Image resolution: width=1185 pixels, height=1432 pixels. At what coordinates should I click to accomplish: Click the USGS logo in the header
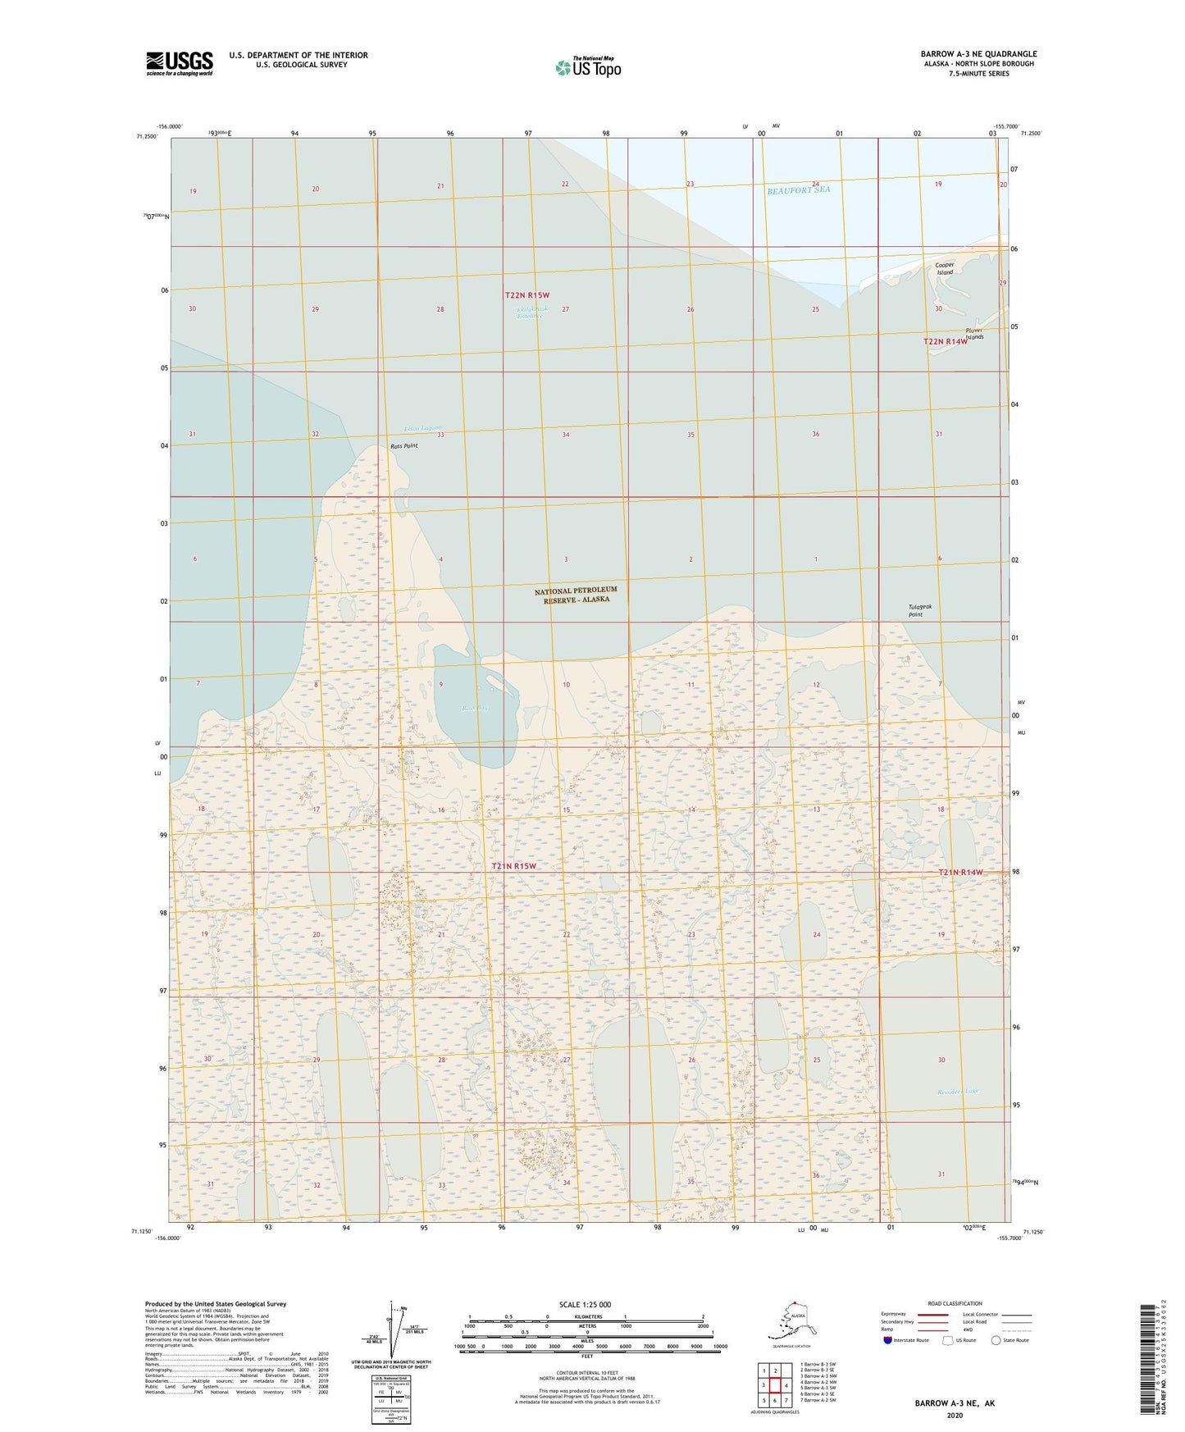pos(179,63)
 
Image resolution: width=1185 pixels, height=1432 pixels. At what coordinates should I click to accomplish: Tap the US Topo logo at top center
pos(587,66)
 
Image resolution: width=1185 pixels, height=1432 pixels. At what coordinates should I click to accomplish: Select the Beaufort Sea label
pos(798,190)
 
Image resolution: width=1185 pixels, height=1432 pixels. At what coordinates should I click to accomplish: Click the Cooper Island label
pos(945,268)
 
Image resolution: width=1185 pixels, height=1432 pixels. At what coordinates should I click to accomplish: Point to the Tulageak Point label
pos(920,610)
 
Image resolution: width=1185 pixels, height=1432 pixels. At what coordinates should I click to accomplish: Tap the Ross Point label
pos(403,446)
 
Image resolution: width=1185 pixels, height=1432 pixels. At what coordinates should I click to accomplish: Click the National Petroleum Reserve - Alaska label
pos(576,595)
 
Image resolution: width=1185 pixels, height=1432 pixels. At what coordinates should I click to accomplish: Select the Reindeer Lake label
pos(958,1092)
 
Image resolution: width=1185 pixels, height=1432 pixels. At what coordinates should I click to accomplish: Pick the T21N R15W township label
pos(514,866)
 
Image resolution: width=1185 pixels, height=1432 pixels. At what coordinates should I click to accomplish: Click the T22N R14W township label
pos(945,342)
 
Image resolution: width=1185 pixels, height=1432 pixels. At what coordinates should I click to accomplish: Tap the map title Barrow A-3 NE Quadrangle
pos(978,54)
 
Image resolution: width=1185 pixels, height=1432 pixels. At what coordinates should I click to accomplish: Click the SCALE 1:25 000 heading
pos(586,1305)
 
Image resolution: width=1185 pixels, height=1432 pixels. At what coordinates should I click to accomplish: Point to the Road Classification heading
pos(955,1303)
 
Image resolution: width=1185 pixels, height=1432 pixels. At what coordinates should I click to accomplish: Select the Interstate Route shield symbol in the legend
pos(888,1340)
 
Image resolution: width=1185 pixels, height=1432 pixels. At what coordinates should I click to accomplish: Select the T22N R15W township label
pos(526,295)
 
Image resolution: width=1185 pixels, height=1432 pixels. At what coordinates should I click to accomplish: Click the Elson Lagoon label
pos(423,429)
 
